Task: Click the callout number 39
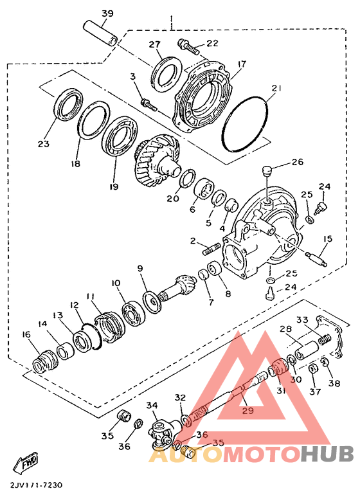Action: click(x=108, y=14)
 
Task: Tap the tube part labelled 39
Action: click(x=100, y=34)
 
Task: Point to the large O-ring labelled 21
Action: click(x=245, y=124)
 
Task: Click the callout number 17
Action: click(x=242, y=64)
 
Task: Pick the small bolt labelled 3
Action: click(x=148, y=104)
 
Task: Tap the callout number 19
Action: click(x=114, y=186)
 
